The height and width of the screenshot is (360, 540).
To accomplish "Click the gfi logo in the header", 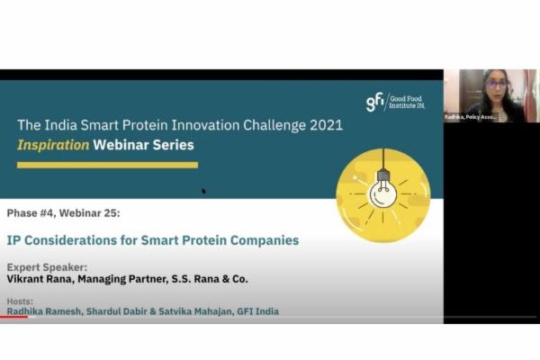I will point(375,102).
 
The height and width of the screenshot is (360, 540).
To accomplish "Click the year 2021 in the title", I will point(321,125).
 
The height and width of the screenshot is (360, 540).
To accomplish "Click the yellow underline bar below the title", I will point(107,165).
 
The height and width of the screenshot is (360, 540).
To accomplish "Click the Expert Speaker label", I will point(47,268).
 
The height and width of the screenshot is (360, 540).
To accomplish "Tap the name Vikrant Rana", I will point(40,280).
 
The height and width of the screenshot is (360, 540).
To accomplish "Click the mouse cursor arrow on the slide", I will point(204,191).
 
